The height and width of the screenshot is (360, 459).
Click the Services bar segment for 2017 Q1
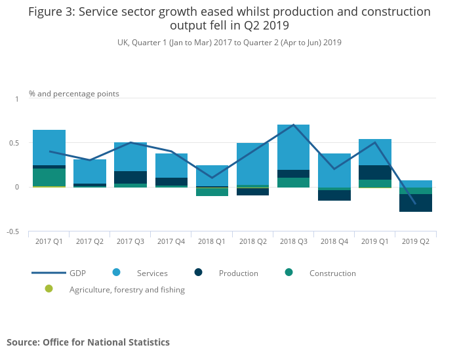pos(49,148)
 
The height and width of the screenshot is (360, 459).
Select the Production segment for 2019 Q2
pos(416,203)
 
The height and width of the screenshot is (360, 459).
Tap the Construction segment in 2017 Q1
pos(49,177)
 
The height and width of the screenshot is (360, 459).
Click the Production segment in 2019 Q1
pos(375,172)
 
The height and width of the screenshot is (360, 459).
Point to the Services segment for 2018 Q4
pos(334,170)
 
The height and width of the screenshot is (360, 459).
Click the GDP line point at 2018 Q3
pos(293,125)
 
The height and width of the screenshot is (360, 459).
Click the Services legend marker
pos(115,272)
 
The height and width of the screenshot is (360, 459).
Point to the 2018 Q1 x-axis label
pos(211,241)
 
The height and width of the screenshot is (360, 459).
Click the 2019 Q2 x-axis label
pos(416,241)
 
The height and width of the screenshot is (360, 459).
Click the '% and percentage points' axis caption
pos(74,94)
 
